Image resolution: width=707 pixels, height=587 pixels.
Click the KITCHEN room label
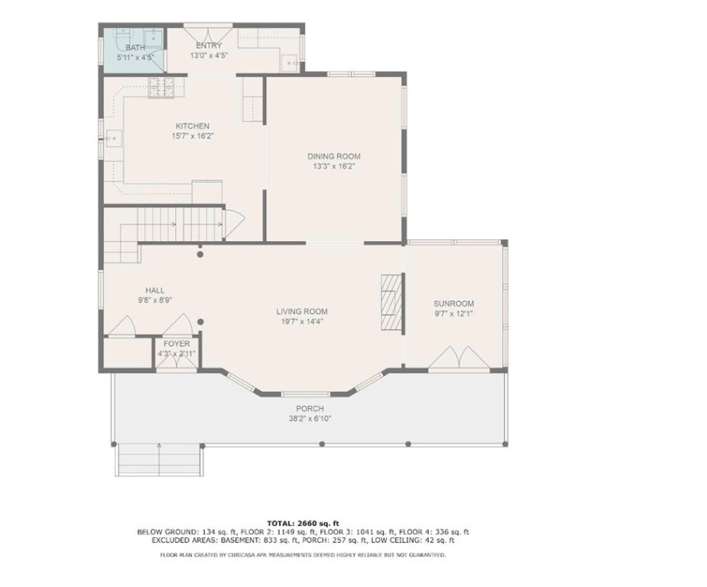[x=192, y=126]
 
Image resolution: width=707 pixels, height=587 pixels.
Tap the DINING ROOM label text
[x=334, y=156]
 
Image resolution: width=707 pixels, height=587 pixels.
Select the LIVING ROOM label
[x=302, y=311]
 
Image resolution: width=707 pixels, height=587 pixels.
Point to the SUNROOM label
[x=454, y=303]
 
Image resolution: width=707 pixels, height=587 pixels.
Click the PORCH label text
[x=310, y=409]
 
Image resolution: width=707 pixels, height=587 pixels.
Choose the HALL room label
[x=155, y=290]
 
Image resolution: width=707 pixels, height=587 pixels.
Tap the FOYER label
[x=177, y=344]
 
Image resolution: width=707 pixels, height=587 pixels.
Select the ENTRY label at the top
[x=209, y=46]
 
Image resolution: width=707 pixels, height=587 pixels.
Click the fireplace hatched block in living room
[x=391, y=302]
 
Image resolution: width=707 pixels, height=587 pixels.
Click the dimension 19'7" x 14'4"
[x=302, y=322]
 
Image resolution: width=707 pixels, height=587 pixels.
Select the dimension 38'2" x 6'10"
[x=310, y=419]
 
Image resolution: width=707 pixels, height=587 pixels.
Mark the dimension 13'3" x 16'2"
[x=334, y=166]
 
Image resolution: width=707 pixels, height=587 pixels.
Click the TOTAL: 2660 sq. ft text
[x=303, y=523]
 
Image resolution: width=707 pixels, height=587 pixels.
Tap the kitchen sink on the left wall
[x=112, y=138]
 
